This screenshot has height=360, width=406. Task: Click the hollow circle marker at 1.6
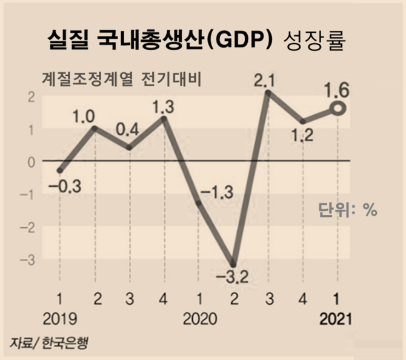click(x=338, y=109)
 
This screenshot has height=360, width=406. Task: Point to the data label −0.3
click(x=63, y=185)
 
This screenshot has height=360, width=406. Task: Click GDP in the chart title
click(x=245, y=41)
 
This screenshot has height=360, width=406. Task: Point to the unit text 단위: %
click(x=348, y=210)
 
